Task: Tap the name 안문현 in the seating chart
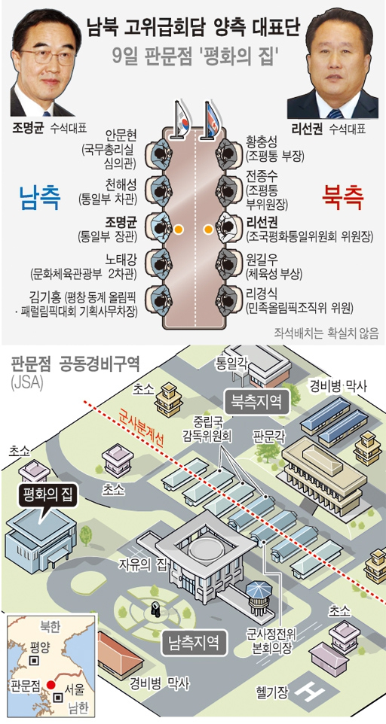coord(121,136)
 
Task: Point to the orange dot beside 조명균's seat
coord(178,228)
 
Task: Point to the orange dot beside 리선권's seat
coord(209,228)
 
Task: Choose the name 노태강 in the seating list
coord(121,261)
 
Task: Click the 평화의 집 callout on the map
coord(45,497)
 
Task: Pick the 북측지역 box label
coord(256,402)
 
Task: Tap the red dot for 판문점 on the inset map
coord(51,685)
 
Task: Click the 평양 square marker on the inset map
coord(34,662)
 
